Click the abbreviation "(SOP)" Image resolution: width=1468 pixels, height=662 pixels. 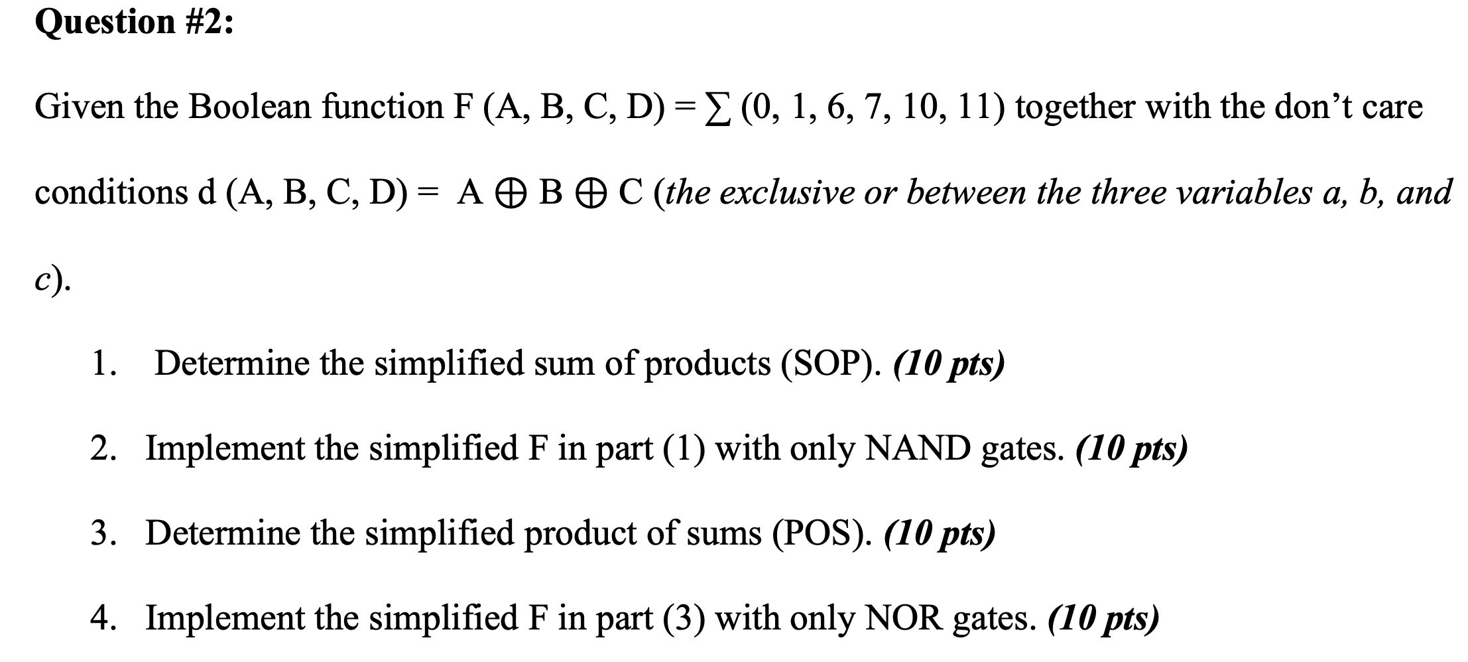click(x=831, y=364)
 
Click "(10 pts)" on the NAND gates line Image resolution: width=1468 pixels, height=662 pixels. click(x=1131, y=450)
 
